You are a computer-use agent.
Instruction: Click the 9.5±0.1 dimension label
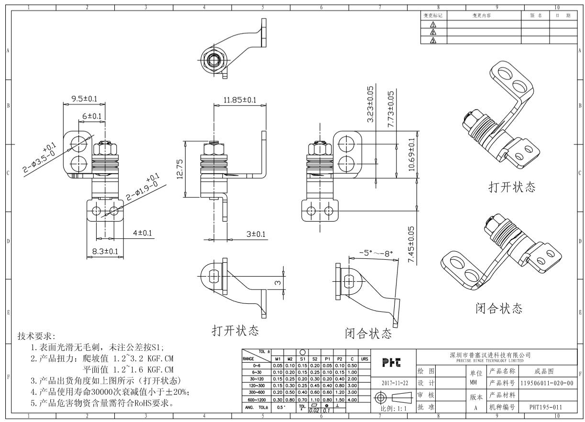[x=84, y=99]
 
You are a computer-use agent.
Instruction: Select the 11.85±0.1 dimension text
[x=240, y=100]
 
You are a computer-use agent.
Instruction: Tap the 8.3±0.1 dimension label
[x=105, y=251]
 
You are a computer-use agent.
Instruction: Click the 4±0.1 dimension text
[x=143, y=233]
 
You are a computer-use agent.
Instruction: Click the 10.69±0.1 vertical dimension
[x=412, y=155]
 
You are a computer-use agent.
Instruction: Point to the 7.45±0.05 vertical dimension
[x=412, y=244]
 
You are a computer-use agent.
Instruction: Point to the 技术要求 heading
[x=36, y=336]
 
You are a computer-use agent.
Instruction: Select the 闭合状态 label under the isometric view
[x=498, y=308]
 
